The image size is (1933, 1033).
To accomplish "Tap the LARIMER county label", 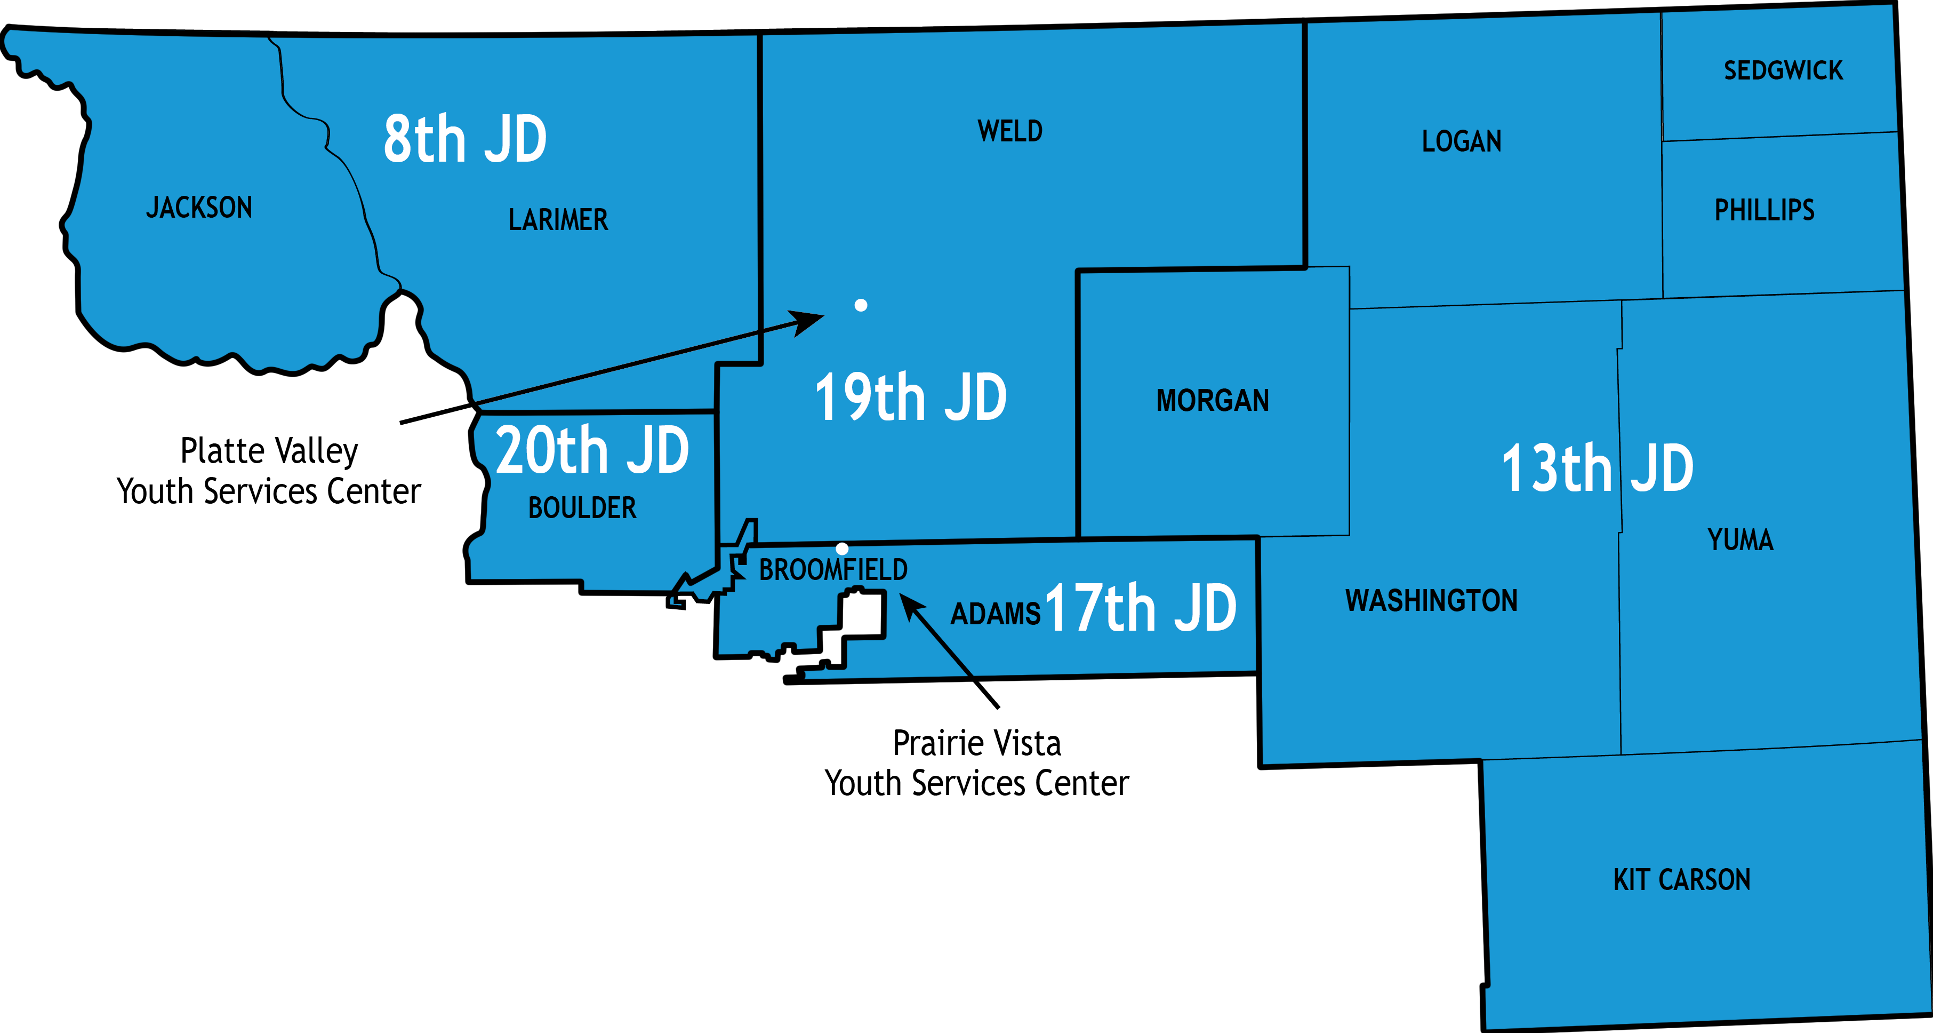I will pos(558,220).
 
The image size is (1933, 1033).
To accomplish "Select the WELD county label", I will pos(1009,131).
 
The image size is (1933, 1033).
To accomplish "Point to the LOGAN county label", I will pos(1461,141).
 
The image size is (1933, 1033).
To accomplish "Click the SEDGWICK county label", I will pos(1783,70).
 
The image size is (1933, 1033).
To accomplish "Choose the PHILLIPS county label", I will pos(1764,210).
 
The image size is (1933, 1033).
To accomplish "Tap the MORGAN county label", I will pos(1213,401).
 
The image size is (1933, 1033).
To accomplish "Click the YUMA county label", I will pos(1740,540).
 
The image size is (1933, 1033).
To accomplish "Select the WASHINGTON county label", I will pos(1431,601).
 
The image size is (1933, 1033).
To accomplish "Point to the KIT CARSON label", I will pos(1682,880).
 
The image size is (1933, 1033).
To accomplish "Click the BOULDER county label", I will pos(582,508).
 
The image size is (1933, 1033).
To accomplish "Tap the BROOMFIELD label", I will pos(833,570).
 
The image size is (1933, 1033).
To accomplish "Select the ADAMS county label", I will pos(995,614).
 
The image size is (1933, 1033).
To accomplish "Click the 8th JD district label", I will pos(464,140).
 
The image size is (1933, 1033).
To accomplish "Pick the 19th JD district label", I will pos(910,398).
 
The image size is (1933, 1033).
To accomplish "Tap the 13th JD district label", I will pos(1597,468).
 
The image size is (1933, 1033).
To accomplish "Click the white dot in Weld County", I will pos(861,305).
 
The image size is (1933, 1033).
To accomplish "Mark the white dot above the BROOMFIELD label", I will pos(842,549).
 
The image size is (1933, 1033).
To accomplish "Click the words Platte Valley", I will pos(269,451).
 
